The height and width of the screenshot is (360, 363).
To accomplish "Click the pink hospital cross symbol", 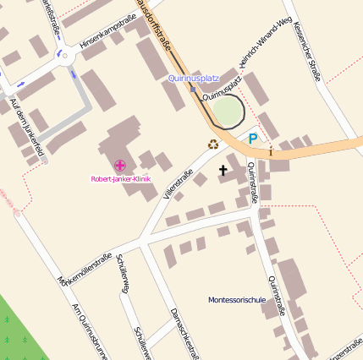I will click(x=119, y=165).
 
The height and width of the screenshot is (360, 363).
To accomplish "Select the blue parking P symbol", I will click(x=252, y=139).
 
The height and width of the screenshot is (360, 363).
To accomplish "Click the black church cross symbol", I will click(x=223, y=171).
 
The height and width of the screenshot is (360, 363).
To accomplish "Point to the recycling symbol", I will click(x=212, y=144).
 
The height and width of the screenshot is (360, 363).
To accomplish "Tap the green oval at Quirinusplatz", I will click(x=226, y=112).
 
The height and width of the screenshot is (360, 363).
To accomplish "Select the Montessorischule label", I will click(x=237, y=300).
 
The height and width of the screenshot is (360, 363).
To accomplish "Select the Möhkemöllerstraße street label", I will click(x=85, y=268).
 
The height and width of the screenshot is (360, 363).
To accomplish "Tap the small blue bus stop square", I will click(x=193, y=89).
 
